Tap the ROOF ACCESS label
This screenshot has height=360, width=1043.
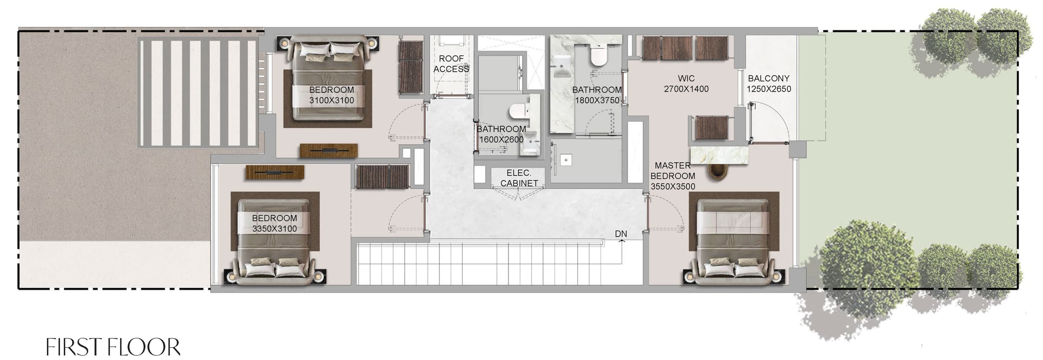coord(451,64)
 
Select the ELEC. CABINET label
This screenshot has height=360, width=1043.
coord(519,178)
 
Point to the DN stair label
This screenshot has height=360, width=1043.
coord(621,234)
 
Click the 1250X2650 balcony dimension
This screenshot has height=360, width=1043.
coord(768,89)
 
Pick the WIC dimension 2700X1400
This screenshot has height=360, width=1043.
coord(686,89)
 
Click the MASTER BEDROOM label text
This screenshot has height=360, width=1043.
coord(673,170)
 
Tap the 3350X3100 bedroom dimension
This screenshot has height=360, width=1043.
coord(275,229)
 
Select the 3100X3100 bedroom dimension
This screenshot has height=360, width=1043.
coord(332,101)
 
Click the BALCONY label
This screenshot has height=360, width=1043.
coord(768,78)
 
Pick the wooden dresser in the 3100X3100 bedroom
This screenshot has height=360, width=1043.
coord(328,151)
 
